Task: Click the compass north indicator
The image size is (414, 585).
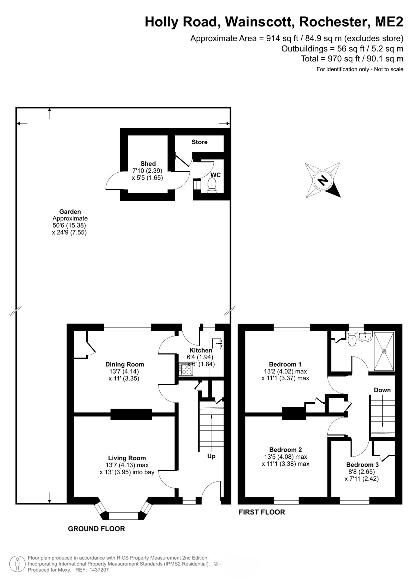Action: point(323,180)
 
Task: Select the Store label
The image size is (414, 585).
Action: point(199,142)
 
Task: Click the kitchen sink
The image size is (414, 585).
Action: point(217,343)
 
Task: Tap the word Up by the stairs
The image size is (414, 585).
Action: point(211,456)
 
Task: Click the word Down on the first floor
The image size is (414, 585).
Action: point(382,390)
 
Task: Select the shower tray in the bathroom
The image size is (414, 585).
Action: point(384,351)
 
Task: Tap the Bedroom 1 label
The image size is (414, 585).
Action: point(285,364)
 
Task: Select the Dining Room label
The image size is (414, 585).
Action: point(125,364)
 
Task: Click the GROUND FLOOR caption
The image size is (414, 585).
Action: point(96,529)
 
